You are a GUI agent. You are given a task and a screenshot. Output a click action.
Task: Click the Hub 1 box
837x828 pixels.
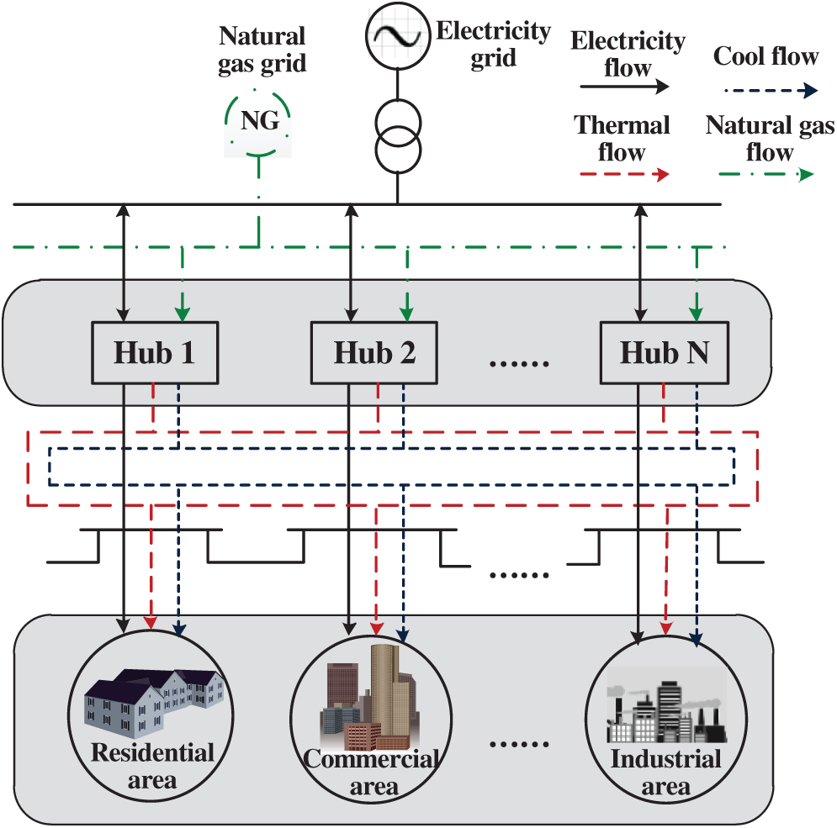click(x=155, y=353)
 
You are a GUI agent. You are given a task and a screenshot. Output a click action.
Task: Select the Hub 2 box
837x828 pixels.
click(x=375, y=353)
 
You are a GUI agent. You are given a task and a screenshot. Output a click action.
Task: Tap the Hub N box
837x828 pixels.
click(x=664, y=353)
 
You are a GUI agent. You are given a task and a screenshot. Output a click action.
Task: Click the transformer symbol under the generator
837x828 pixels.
click(x=396, y=134)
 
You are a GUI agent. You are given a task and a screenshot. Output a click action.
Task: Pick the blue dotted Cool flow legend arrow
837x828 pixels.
click(x=765, y=90)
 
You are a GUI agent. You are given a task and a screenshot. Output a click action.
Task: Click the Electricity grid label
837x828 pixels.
click(x=493, y=45)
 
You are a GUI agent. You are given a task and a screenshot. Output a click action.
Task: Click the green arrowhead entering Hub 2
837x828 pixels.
click(x=406, y=314)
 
